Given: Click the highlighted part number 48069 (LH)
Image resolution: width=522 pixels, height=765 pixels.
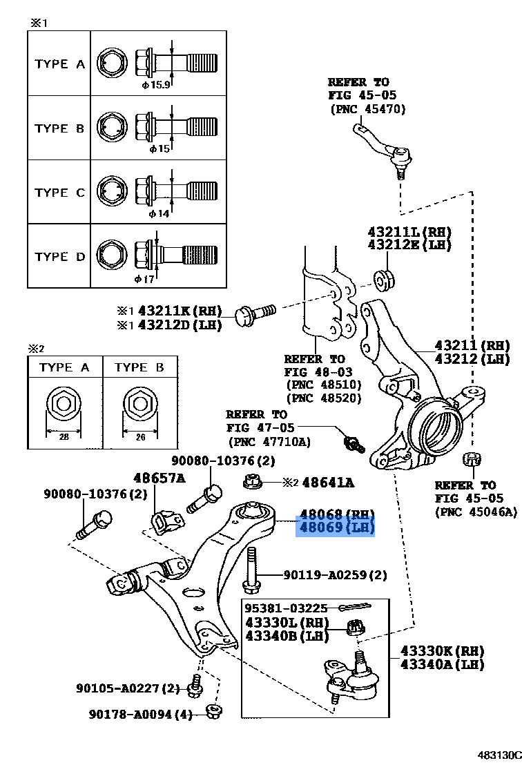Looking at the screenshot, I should [x=336, y=528].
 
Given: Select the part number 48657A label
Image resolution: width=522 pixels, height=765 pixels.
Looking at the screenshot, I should [x=159, y=478].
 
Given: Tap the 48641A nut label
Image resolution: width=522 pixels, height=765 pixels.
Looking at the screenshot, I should [x=327, y=483].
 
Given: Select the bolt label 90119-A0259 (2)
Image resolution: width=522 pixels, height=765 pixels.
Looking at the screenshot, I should [x=335, y=574].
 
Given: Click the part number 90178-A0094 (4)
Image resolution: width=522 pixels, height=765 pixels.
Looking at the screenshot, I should [x=140, y=715].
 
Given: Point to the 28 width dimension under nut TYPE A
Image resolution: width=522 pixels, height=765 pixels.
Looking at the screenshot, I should [x=64, y=436].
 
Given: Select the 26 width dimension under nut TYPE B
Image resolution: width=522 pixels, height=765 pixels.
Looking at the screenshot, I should [x=140, y=436].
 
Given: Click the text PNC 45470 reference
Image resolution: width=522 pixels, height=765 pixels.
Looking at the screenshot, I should [x=367, y=108].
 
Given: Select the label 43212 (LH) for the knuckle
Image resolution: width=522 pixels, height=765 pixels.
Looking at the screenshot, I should [x=472, y=358].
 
